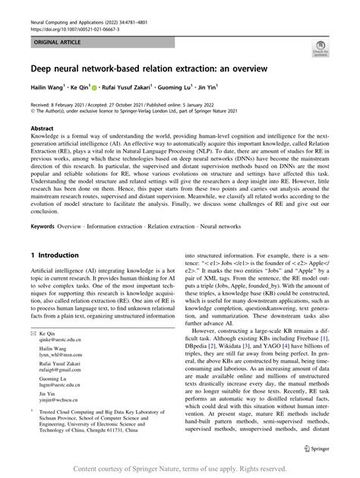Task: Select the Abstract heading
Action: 42,129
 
